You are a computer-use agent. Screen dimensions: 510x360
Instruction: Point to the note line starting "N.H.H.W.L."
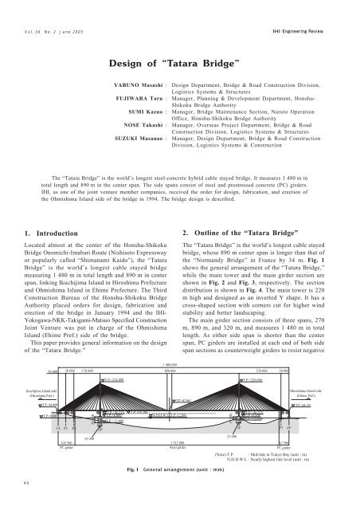271,458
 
